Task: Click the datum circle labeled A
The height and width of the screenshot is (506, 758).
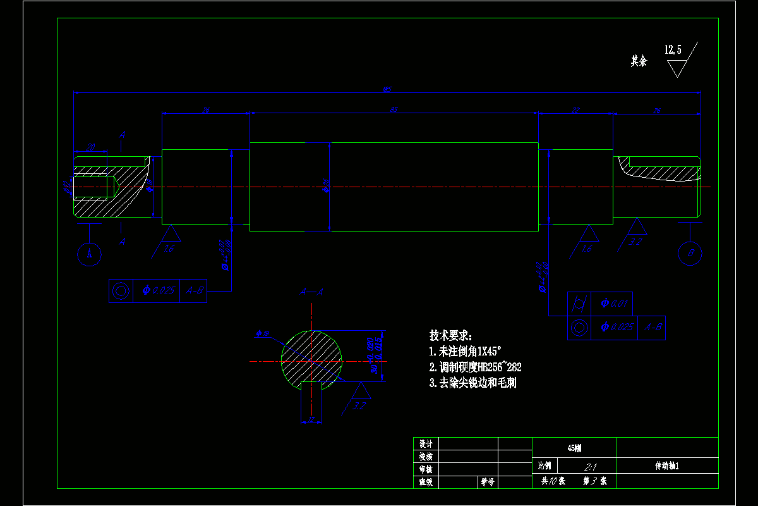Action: tap(89, 254)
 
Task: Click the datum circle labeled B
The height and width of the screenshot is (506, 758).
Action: tap(690, 254)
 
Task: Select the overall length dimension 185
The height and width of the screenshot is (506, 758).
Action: tap(387, 89)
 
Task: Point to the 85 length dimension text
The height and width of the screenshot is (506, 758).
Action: tap(394, 110)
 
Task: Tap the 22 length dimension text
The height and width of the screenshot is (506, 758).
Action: tap(575, 110)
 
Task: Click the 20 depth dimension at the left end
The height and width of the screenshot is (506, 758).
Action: tap(90, 147)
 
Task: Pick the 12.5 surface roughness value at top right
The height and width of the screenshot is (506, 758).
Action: tap(673, 49)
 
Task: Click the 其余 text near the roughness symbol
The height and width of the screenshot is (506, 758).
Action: tap(639, 61)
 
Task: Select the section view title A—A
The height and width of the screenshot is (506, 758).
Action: tap(311, 292)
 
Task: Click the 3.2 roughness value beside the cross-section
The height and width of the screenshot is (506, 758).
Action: tap(359, 405)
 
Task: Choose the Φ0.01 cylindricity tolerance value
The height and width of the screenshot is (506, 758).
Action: tap(613, 304)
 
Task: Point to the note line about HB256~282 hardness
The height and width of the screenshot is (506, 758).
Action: tap(475, 367)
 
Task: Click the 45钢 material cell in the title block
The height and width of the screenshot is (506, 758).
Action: tap(574, 448)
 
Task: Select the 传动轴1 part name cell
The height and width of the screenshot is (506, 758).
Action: tap(666, 466)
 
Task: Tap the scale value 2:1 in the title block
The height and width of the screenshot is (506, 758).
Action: tap(591, 467)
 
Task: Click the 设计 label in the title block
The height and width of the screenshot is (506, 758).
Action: tap(425, 443)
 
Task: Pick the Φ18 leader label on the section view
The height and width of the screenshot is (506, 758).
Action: tap(263, 333)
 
